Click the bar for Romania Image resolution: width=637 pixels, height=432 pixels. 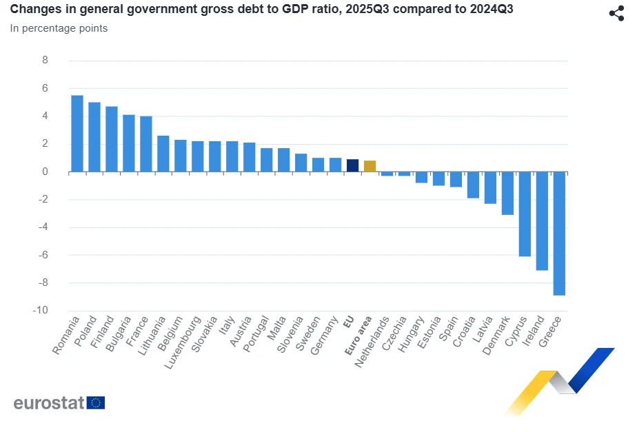pyautogui.click(x=77, y=134)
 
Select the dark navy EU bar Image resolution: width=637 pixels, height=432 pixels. pyautogui.click(x=352, y=165)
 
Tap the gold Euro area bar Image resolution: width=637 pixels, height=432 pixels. pyautogui.click(x=370, y=166)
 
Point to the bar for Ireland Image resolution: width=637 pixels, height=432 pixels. pyautogui.click(x=542, y=220)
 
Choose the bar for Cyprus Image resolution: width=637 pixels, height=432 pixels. pyautogui.click(x=525, y=214)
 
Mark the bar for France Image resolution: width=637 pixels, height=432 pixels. pyautogui.click(x=146, y=144)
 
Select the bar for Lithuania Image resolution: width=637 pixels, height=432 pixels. pyautogui.click(x=163, y=154)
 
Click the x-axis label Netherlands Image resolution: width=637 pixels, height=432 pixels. pyautogui.click(x=372, y=342)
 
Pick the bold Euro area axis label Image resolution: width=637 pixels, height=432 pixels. pyautogui.click(x=358, y=336)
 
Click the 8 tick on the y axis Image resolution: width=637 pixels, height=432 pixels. pyautogui.click(x=45, y=61)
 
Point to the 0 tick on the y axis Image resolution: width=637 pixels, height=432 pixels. pyautogui.click(x=45, y=172)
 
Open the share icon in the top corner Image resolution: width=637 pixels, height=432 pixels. pyautogui.click(x=616, y=14)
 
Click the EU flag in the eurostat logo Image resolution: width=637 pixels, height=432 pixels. pyautogui.click(x=96, y=402)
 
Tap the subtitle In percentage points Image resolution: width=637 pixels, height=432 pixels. pyautogui.click(x=59, y=28)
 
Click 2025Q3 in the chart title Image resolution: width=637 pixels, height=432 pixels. pyautogui.click(x=370, y=10)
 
